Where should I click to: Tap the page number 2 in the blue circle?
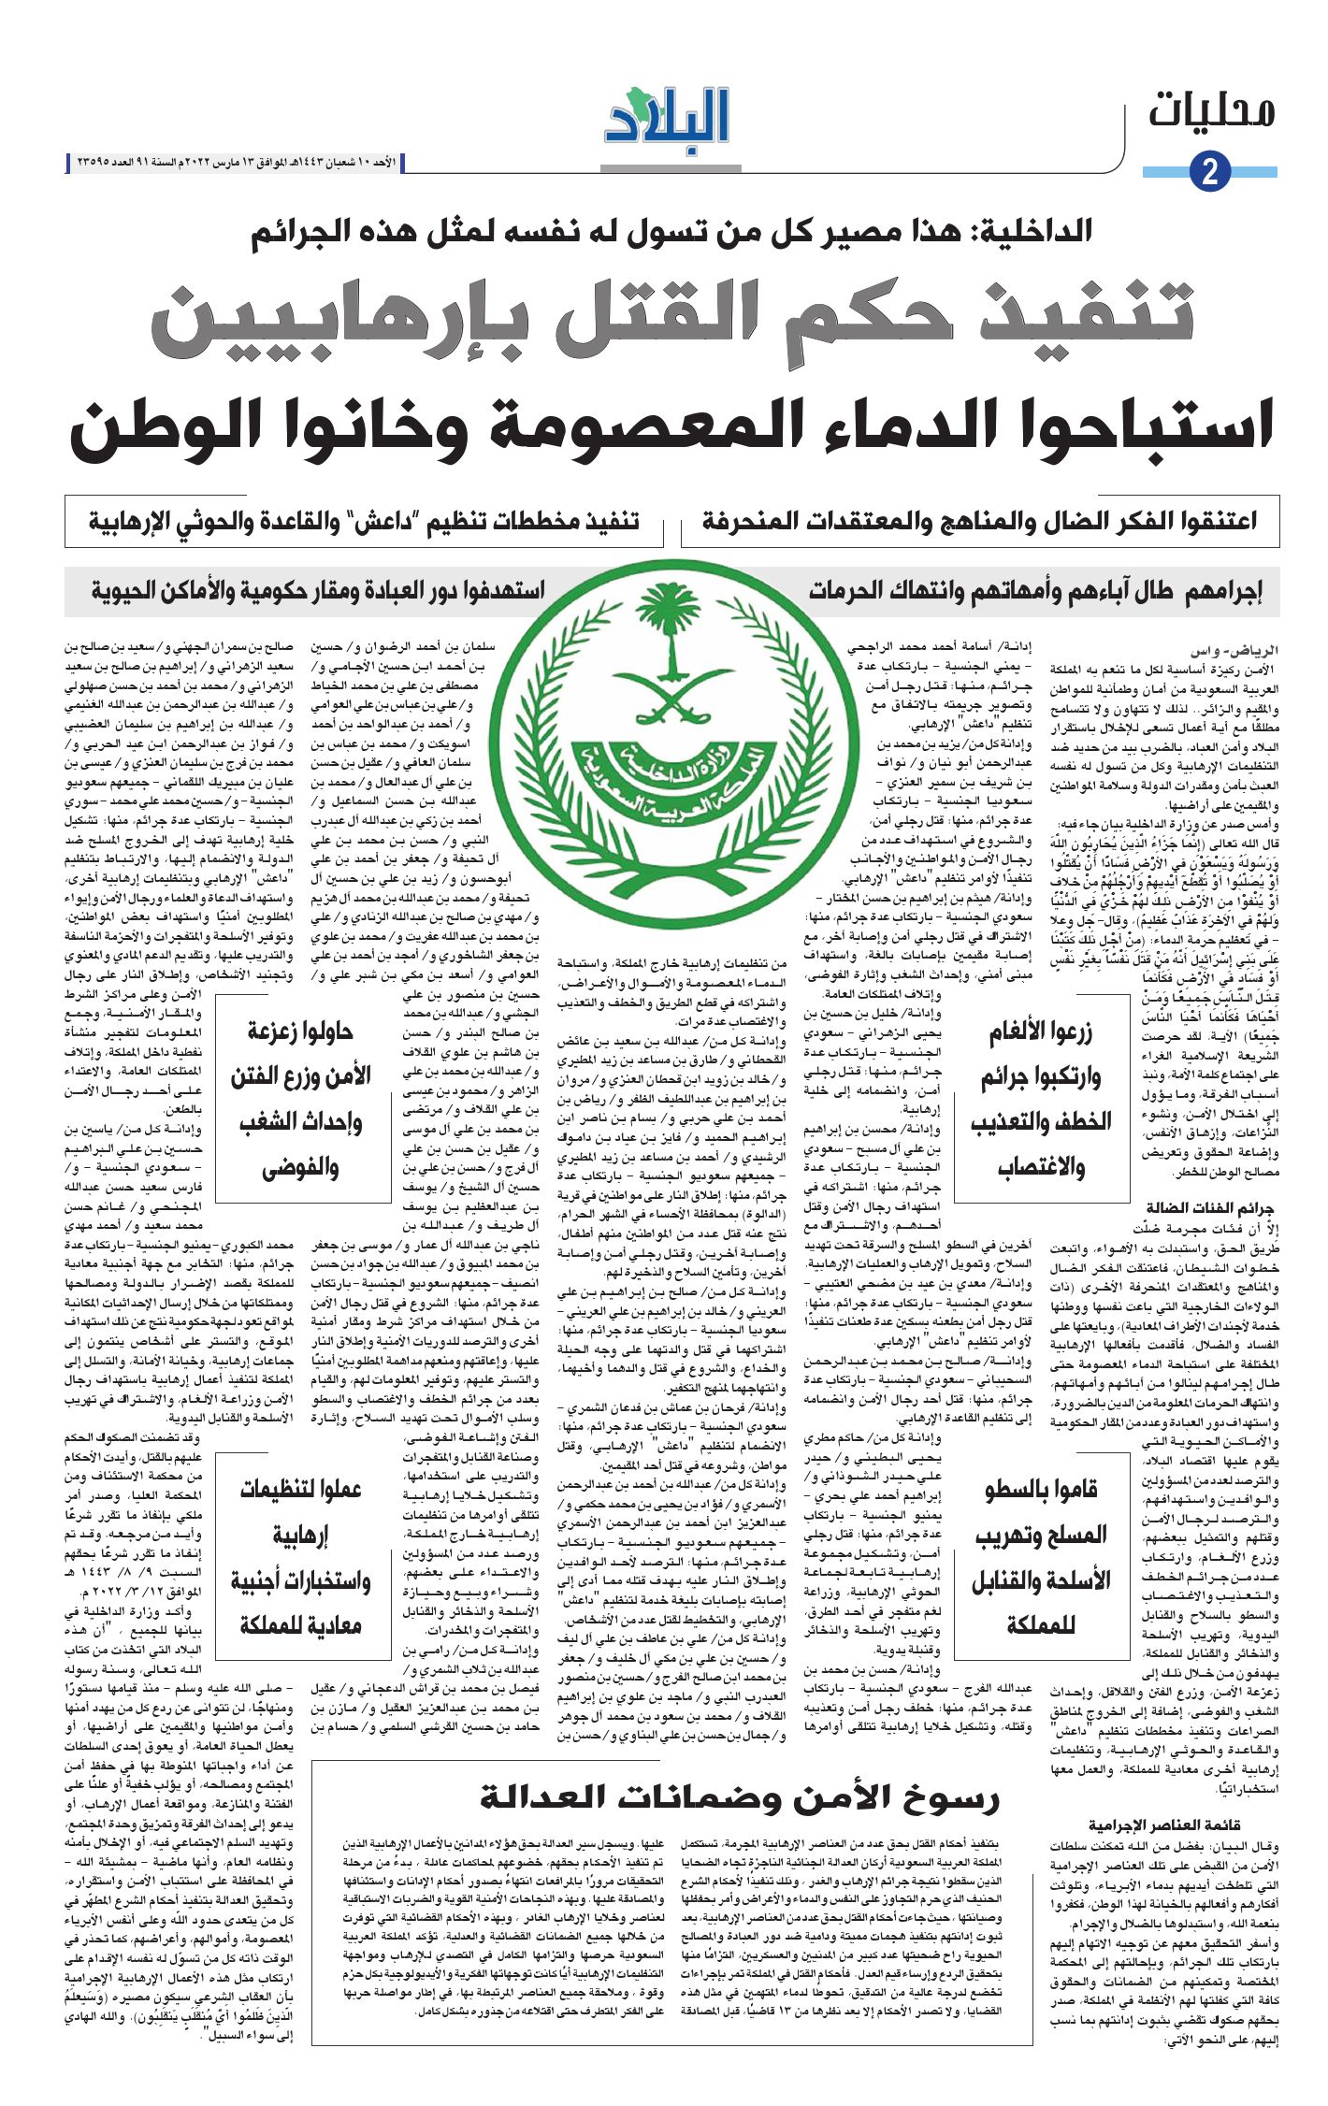[x=1209, y=172]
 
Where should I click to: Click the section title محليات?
[x=1212, y=111]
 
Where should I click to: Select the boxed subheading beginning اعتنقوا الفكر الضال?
[x=979, y=521]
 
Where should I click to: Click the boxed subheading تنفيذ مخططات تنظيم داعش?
[x=364, y=521]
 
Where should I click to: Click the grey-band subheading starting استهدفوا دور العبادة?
[x=318, y=591]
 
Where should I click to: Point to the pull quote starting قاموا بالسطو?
[x=1041, y=1557]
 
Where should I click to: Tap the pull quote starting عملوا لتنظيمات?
[x=300, y=1557]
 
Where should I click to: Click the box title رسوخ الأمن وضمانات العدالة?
[x=739, y=1796]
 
